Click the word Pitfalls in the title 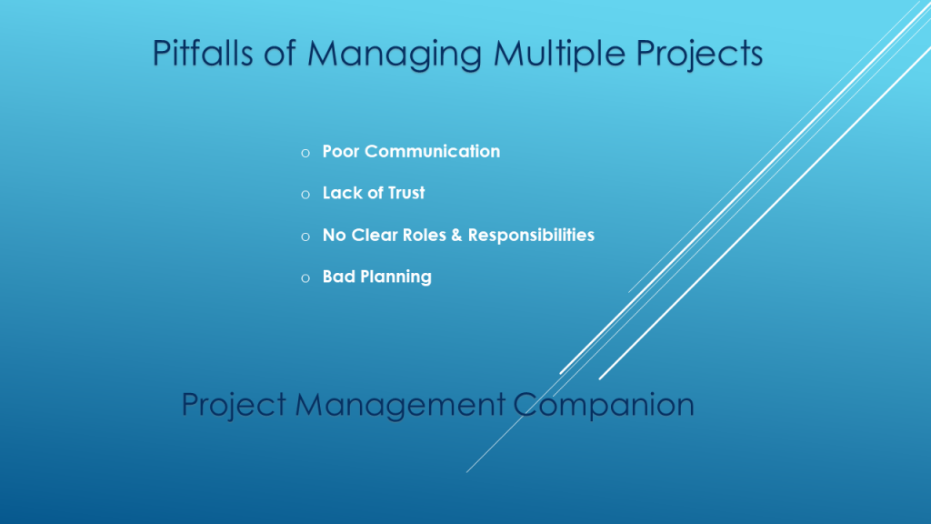(203, 53)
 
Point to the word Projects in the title (699, 55)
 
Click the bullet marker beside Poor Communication (305, 153)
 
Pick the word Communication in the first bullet (432, 152)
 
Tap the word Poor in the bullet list (341, 152)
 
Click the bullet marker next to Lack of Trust (305, 195)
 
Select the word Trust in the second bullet (406, 193)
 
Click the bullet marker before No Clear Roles (305, 237)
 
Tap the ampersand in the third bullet (456, 235)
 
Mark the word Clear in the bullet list (375, 235)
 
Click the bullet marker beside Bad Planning (305, 277)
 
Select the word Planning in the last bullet (396, 277)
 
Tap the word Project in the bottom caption (235, 405)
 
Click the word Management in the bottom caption (400, 405)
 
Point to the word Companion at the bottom (604, 405)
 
